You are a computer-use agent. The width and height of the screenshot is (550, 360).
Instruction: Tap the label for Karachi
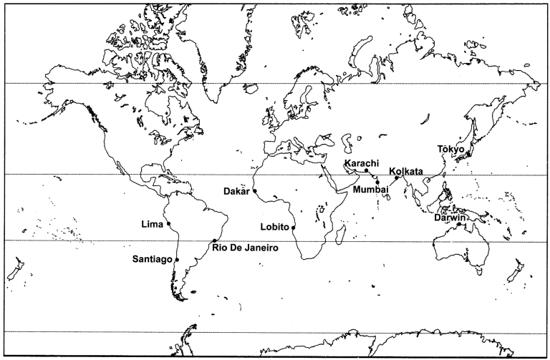coord(361,163)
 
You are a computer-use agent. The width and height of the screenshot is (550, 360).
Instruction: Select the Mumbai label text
coord(370,189)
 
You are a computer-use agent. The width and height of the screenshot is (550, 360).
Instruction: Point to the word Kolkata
coord(406,171)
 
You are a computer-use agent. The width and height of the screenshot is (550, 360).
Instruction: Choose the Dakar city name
coord(236,191)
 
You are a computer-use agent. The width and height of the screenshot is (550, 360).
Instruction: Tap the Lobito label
coord(275,227)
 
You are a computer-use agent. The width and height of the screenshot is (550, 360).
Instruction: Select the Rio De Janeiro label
coord(241,248)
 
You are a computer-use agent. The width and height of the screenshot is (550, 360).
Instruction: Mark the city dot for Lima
coord(169,225)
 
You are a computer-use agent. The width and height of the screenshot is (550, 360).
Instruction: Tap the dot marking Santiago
coord(177,259)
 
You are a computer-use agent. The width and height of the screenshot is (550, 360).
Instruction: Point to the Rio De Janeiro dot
coord(215,240)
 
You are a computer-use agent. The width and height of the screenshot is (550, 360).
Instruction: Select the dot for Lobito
coord(294,228)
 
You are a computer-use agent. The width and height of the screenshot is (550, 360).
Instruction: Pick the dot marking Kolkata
coord(396,177)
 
